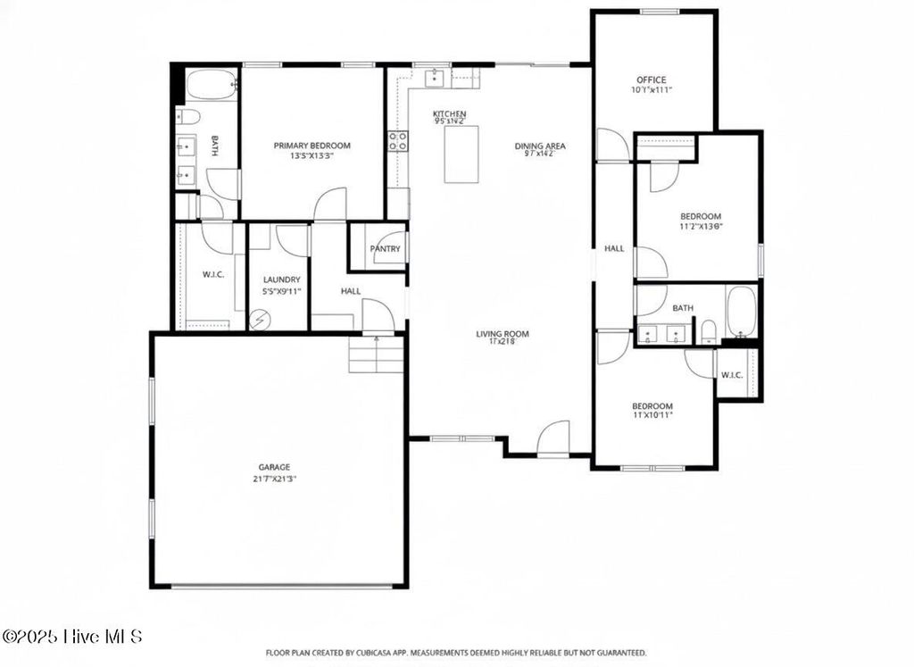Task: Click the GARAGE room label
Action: pyautogui.click(x=275, y=466)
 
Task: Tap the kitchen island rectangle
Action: pyautogui.click(x=461, y=154)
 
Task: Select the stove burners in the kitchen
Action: pyautogui.click(x=397, y=140)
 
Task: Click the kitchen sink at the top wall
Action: pyautogui.click(x=435, y=79)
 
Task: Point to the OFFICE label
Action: pyautogui.click(x=651, y=79)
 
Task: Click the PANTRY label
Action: pyautogui.click(x=385, y=249)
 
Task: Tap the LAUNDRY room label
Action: pyautogui.click(x=281, y=279)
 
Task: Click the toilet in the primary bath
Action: pyautogui.click(x=188, y=116)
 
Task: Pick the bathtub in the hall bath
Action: pyautogui.click(x=741, y=310)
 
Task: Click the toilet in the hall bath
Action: pyautogui.click(x=708, y=333)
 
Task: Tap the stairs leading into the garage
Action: pyautogui.click(x=376, y=354)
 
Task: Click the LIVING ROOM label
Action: pyautogui.click(x=503, y=334)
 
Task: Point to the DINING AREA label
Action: pyautogui.click(x=539, y=146)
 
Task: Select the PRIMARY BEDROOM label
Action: pyautogui.click(x=312, y=146)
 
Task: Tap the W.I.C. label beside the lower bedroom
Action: pyautogui.click(x=732, y=374)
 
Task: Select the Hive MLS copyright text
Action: pyautogui.click(x=73, y=637)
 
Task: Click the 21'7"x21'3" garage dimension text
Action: pyautogui.click(x=275, y=478)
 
